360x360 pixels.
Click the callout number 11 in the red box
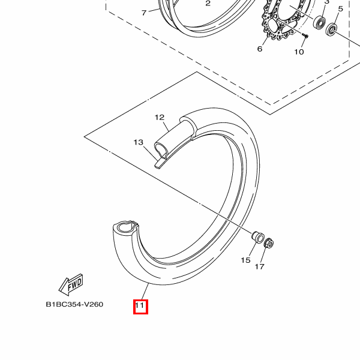point(140,305)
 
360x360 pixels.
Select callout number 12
point(160,118)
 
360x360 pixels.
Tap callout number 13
point(138,142)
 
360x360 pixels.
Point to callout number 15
point(245,260)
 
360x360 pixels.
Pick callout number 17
point(260,266)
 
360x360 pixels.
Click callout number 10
point(299,52)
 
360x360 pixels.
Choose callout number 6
point(260,49)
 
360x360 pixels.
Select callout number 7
point(144,13)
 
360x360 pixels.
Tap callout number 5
point(340,9)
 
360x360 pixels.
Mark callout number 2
point(208,3)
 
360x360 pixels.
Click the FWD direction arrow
point(71,284)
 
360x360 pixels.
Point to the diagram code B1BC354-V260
point(74,304)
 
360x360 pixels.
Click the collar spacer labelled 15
point(258,238)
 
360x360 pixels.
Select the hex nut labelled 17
point(268,243)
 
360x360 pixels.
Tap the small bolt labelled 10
point(305,35)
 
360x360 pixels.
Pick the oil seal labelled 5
point(331,29)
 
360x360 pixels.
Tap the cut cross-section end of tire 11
point(125,227)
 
